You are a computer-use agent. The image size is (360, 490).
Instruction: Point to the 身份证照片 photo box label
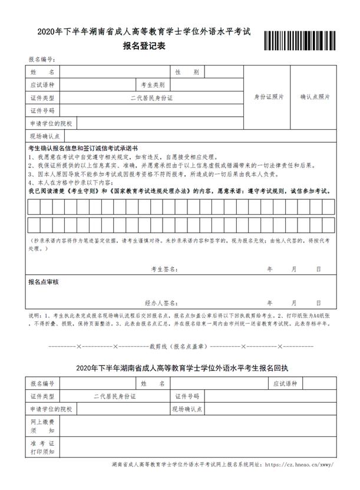click(268, 97)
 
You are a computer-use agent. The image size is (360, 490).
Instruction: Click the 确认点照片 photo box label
click(315, 97)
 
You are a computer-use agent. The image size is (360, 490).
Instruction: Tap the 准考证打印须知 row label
click(42, 448)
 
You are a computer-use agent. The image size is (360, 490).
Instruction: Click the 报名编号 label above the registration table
click(42, 60)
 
